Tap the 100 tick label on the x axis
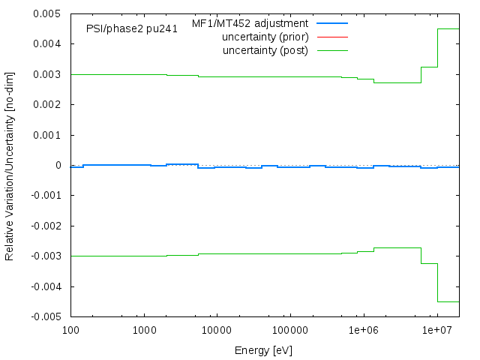(x=70, y=330)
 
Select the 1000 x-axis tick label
(x=144, y=330)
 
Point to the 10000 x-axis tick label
(x=217, y=330)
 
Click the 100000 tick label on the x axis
(x=290, y=330)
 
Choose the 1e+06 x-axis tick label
(x=363, y=330)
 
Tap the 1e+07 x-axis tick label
(x=436, y=330)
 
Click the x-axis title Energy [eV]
(x=264, y=350)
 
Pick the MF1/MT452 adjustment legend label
(x=250, y=23)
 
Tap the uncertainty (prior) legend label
(x=265, y=37)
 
